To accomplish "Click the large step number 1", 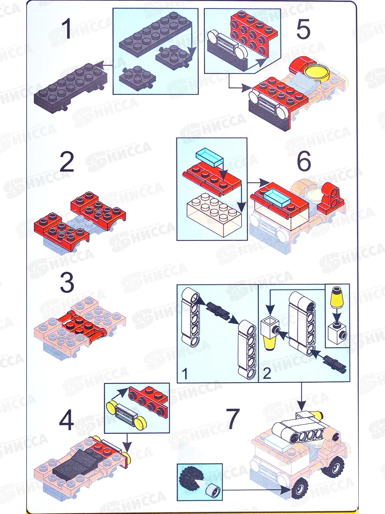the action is click(x=67, y=29).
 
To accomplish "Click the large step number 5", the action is click(x=304, y=29).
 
